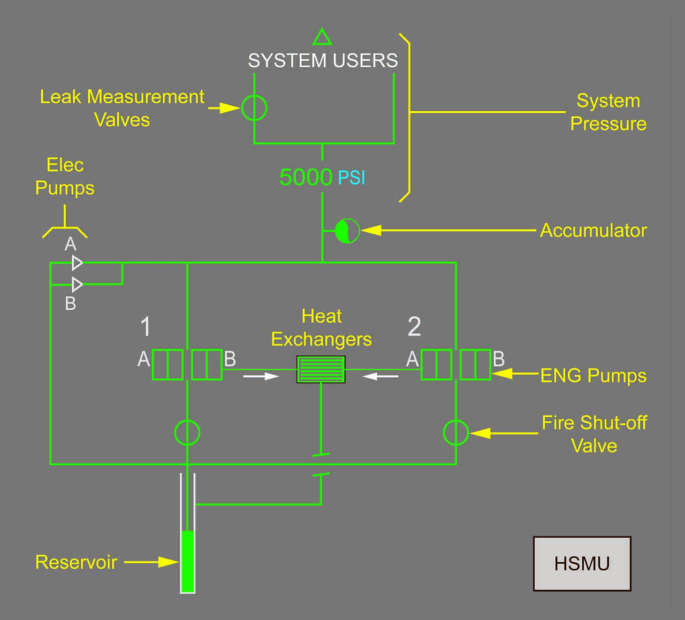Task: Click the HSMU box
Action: click(582, 563)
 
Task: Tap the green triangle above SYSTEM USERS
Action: click(322, 37)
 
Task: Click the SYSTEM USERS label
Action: click(323, 60)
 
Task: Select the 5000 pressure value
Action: click(306, 177)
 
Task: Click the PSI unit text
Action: click(352, 178)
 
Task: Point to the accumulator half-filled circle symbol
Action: click(347, 231)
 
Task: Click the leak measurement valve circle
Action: click(254, 108)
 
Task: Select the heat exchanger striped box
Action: click(321, 369)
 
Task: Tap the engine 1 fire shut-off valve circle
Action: click(187, 432)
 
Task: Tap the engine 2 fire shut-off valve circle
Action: click(456, 432)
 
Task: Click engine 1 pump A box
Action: click(168, 365)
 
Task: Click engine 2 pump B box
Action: click(475, 365)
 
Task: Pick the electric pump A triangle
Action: click(77, 263)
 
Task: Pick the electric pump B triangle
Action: click(77, 284)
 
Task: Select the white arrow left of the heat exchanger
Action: click(261, 377)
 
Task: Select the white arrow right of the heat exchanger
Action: click(380, 377)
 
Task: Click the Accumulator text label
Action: click(593, 231)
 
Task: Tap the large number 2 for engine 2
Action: click(414, 326)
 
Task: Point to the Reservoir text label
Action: click(76, 562)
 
